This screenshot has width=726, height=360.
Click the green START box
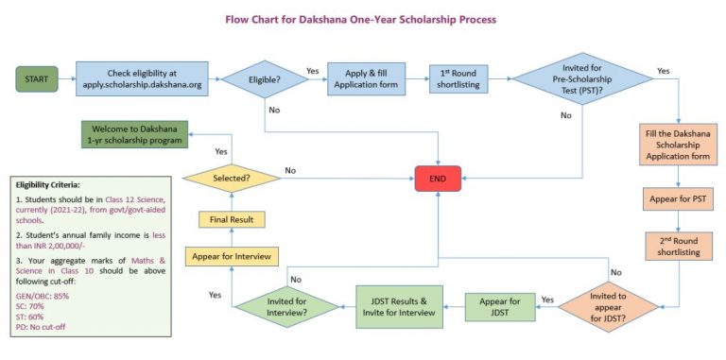pos(36,78)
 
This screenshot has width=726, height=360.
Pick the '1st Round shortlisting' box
pos(458,78)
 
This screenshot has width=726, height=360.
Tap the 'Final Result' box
pos(232,219)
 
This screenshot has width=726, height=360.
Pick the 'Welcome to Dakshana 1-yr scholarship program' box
pos(133,134)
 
